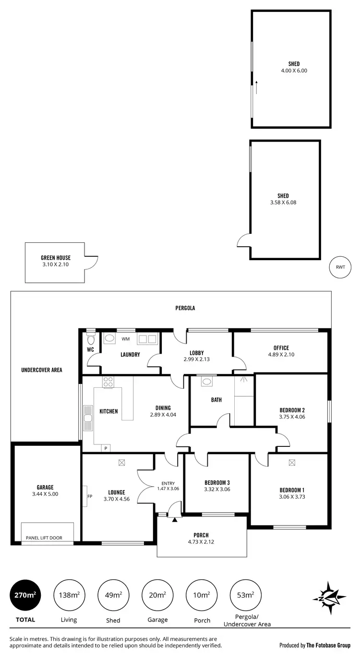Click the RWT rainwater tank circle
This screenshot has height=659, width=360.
(340, 267)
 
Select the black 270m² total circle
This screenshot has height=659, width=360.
(25, 595)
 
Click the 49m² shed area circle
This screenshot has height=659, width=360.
(113, 595)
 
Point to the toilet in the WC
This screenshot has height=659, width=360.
(90, 339)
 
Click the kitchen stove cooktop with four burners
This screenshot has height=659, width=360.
(108, 383)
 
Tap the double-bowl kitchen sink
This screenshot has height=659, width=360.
(88, 418)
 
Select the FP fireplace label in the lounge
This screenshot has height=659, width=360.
(89, 496)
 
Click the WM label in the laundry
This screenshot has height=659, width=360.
(126, 339)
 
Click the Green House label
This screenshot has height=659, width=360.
(56, 258)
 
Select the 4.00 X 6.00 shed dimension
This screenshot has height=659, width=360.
(294, 71)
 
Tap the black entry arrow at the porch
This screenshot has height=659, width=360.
(175, 519)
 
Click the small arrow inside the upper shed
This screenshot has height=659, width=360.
(257, 87)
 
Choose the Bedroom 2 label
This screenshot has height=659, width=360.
(292, 410)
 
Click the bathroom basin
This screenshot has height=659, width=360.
(207, 382)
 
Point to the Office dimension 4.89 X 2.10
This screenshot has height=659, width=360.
(281, 355)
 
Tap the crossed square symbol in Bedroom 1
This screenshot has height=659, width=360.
(292, 463)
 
